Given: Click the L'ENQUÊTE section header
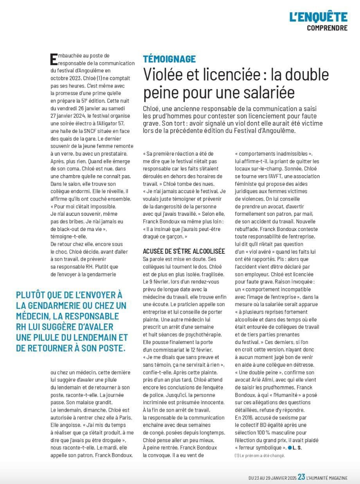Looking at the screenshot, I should [x=318, y=17].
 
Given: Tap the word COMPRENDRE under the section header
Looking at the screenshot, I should [x=327, y=28].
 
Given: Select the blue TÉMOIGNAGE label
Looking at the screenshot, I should [x=169, y=59].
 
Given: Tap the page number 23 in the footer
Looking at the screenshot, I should [x=301, y=477].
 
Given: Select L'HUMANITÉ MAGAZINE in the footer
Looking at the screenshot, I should [x=327, y=477].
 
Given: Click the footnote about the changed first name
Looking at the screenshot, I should [x=260, y=455].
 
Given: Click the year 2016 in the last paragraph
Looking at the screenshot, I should [x=248, y=418].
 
